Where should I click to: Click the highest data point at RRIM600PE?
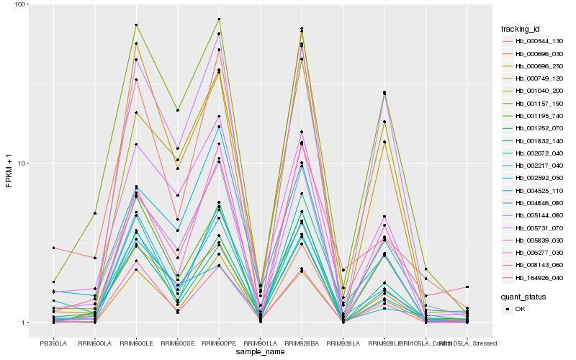(219, 19)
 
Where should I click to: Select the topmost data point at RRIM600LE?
(136, 25)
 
